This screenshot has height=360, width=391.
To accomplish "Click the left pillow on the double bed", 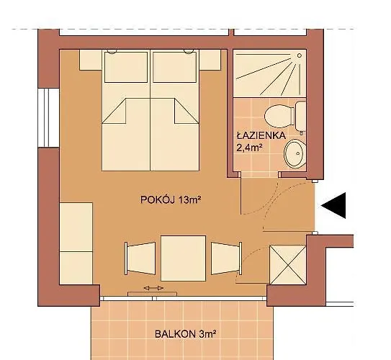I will (126, 67).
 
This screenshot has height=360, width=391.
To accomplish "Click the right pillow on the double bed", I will (176, 67).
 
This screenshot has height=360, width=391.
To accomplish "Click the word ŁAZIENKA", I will (261, 135).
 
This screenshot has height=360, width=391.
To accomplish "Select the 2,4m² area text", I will (251, 148).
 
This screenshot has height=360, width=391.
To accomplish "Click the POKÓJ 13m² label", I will (169, 199).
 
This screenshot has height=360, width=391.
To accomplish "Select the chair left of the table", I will (140, 257).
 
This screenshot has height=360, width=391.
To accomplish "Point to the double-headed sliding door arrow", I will (153, 288).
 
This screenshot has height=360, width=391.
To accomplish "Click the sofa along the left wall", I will (76, 238).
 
